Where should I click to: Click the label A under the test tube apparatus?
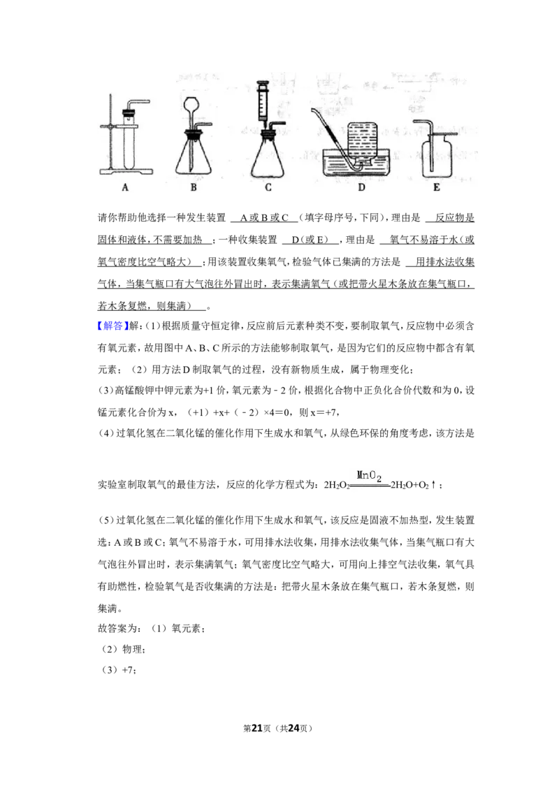click(x=125, y=187)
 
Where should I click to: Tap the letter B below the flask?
click(x=194, y=187)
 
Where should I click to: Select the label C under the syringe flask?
click(x=268, y=187)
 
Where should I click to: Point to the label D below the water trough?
click(x=361, y=187)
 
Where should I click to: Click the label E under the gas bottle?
click(x=437, y=187)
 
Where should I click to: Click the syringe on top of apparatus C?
click(x=262, y=103)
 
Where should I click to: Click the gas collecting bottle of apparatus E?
click(x=437, y=156)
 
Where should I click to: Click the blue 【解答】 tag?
click(x=113, y=326)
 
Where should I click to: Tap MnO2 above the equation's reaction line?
click(x=370, y=474)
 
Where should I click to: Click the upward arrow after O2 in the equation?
click(x=433, y=485)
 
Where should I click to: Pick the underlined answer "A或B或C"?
click(x=264, y=218)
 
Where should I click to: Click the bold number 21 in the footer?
click(x=257, y=728)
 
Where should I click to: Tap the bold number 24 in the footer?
click(x=293, y=728)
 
